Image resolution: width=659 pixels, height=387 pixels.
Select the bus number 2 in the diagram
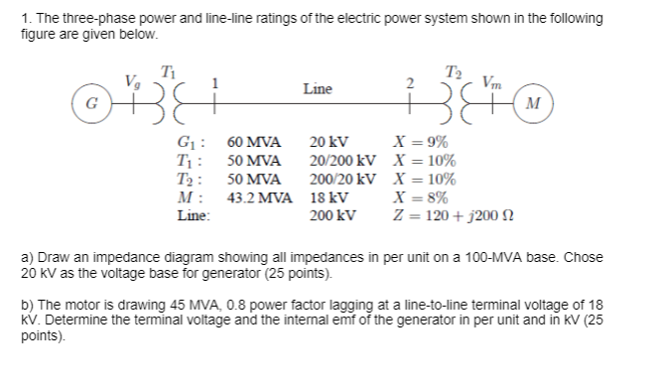coord(411,82)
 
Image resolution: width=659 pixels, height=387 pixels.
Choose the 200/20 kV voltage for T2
coord(343,180)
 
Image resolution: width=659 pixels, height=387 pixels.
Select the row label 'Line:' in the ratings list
coord(194,214)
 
